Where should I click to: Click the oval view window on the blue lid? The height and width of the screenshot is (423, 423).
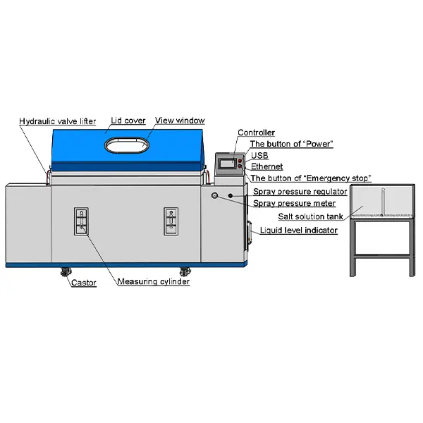click(x=127, y=145)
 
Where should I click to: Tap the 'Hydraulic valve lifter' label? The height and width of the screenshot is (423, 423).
click(x=58, y=121)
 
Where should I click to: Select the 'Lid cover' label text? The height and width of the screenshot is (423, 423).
click(x=128, y=121)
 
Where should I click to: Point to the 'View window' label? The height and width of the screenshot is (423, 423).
click(x=180, y=121)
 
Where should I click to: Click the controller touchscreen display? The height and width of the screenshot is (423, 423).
click(x=227, y=163)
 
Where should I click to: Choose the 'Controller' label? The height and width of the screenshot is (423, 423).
click(x=257, y=133)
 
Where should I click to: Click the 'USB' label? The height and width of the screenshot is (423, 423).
click(x=259, y=156)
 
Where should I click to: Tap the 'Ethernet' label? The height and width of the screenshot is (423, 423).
click(x=266, y=166)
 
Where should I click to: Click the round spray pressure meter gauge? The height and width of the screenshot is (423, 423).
click(x=215, y=195)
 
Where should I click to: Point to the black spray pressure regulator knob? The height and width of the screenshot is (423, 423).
click(x=231, y=195)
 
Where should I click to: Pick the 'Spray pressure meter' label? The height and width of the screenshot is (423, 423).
click(x=294, y=204)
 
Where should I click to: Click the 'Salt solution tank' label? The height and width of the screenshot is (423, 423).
click(x=310, y=216)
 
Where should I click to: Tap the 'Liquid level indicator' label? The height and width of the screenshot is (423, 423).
click(x=299, y=231)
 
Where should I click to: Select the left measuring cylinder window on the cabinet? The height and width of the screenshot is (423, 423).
click(x=81, y=221)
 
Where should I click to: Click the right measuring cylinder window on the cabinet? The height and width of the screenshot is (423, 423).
click(x=171, y=221)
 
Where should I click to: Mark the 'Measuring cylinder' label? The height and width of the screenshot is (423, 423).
click(x=154, y=281)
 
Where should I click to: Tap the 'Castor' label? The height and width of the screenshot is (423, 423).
click(x=84, y=283)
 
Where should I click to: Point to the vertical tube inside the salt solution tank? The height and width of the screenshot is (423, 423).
click(x=383, y=202)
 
